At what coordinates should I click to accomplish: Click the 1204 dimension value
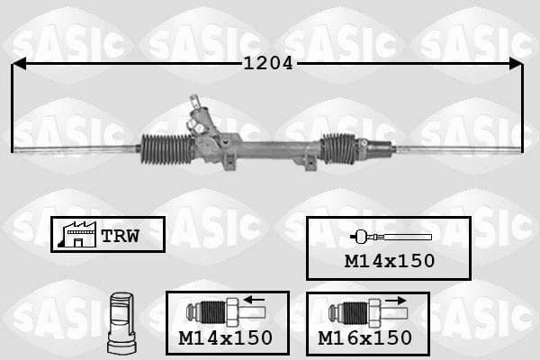pos(268,63)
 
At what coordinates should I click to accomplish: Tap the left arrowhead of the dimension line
pos(19,64)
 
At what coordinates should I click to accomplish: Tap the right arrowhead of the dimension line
pos(516,64)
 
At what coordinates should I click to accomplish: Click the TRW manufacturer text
pos(121,236)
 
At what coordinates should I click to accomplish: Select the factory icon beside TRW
pos(77,235)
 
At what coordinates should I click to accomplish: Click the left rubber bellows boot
pos(166,148)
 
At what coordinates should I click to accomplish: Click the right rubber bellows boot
pos(338,148)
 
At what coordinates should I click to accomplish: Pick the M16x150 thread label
pos(365,338)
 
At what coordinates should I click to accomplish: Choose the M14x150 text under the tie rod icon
pos(390,261)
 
